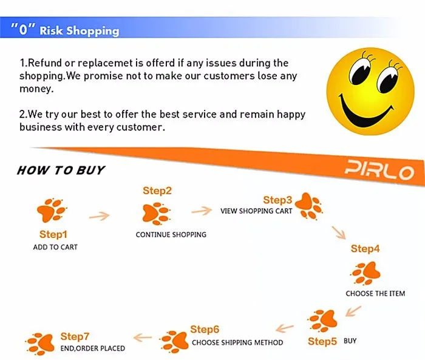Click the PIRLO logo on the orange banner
pyautogui.click(x=379, y=170)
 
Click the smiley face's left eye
pyautogui.click(x=359, y=71)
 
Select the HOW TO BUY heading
pyautogui.click(x=61, y=170)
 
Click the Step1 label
pyautogui.click(x=53, y=234)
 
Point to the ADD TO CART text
pyautogui.click(x=55, y=247)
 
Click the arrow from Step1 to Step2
pyautogui.click(x=99, y=216)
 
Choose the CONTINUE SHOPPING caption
pyautogui.click(x=171, y=234)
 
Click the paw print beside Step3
pyautogui.click(x=308, y=206)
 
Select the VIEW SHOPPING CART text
pyautogui.click(x=256, y=211)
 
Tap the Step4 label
pyautogui.click(x=365, y=248)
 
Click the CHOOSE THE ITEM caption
pyautogui.click(x=375, y=293)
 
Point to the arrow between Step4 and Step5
pyautogui.click(x=353, y=311)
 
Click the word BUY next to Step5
pyautogui.click(x=350, y=341)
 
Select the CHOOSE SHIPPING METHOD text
pyautogui.click(x=237, y=342)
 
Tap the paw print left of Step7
pyautogui.click(x=40, y=344)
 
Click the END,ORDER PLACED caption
pyautogui.click(x=93, y=348)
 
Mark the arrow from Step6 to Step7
pyautogui.click(x=143, y=338)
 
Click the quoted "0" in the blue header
pyautogui.click(x=23, y=29)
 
